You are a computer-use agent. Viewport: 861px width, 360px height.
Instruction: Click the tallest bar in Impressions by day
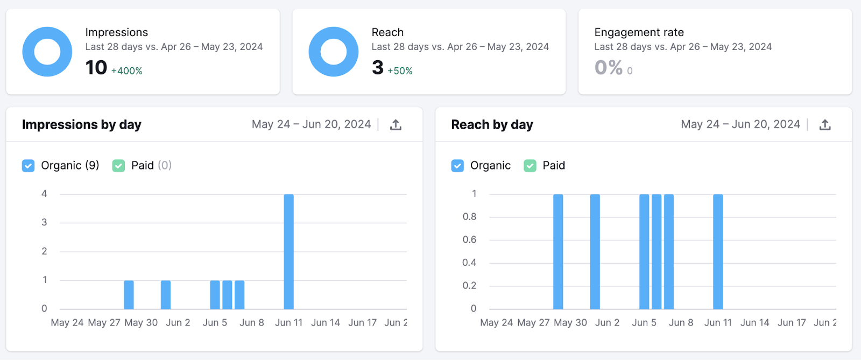click(x=288, y=251)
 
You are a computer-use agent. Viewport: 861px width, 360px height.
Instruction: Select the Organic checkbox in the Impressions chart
click(x=29, y=166)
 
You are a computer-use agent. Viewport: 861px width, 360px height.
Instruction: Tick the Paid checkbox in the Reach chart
click(x=530, y=166)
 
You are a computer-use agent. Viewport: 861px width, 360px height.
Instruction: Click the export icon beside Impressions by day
click(x=396, y=125)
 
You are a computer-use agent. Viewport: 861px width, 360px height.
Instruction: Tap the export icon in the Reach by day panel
click(x=825, y=125)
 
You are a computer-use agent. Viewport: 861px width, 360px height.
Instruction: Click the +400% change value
click(x=126, y=71)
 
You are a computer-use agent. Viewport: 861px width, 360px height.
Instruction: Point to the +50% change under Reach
click(x=400, y=71)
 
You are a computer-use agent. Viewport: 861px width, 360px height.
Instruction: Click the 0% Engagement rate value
click(x=608, y=68)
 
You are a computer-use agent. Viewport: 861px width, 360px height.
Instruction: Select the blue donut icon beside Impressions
click(x=47, y=52)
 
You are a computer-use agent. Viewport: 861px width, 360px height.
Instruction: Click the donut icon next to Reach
click(x=334, y=52)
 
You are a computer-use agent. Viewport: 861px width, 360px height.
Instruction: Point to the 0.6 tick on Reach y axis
click(x=469, y=239)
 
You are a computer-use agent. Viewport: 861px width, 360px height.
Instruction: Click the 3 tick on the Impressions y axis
click(x=44, y=222)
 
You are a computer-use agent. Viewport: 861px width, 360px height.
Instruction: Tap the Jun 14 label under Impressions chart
click(x=326, y=323)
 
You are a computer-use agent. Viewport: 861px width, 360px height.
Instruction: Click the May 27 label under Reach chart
click(x=533, y=323)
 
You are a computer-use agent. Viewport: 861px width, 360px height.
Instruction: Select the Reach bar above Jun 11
click(x=718, y=251)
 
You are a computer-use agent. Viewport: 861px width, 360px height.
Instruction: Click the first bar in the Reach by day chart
click(x=558, y=251)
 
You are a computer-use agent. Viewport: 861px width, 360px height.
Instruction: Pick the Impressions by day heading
click(x=81, y=125)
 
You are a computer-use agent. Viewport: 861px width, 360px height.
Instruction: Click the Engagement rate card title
click(x=639, y=32)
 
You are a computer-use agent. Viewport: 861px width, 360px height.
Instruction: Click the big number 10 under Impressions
click(x=96, y=68)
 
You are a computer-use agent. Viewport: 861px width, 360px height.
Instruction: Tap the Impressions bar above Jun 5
click(x=215, y=294)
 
